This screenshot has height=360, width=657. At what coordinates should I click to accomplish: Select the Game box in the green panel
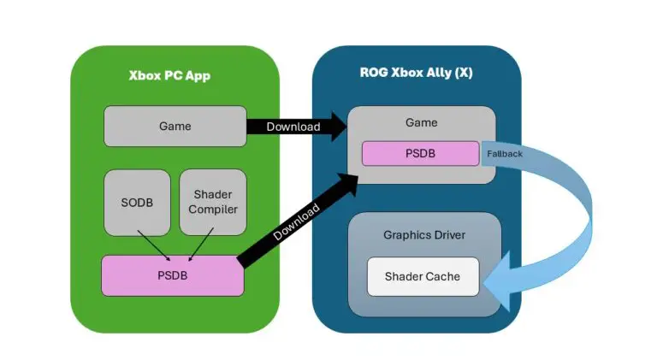[175, 127]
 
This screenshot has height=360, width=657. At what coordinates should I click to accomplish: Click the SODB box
[137, 202]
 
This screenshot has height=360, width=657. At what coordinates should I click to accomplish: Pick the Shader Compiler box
[212, 202]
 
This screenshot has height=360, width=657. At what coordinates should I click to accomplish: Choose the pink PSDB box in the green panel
[173, 274]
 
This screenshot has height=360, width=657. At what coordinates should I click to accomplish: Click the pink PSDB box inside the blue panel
[420, 153]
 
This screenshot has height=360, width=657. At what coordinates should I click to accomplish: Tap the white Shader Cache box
[423, 276]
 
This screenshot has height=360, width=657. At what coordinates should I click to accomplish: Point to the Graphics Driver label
[423, 234]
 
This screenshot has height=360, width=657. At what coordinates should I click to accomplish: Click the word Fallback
[505, 154]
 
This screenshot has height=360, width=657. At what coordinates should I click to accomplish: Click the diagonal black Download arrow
[299, 221]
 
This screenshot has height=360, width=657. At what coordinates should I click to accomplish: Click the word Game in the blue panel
[421, 123]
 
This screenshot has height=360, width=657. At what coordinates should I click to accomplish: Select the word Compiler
[213, 210]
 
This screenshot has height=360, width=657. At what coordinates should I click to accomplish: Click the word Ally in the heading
[447, 72]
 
